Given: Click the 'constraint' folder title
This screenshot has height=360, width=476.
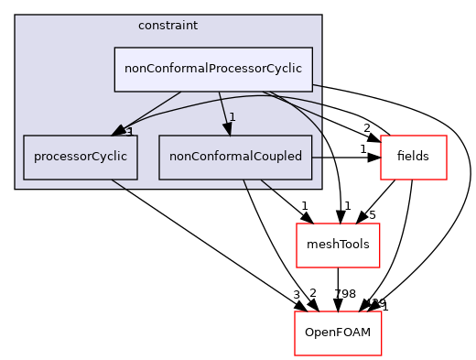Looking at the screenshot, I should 168,25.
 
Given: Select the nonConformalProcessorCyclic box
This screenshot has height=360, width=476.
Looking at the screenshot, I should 212,70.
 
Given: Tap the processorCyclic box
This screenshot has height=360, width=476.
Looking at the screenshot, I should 81,157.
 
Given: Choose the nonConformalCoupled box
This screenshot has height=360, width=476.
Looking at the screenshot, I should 235,157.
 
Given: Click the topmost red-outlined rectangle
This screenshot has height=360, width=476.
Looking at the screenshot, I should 413,157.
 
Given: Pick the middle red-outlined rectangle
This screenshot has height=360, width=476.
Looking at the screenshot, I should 338,245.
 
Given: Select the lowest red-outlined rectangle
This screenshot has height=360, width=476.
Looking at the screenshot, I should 338,333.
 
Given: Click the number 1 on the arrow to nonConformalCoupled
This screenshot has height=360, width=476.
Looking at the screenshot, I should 233,117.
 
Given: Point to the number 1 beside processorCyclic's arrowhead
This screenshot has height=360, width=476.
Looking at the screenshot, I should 130,132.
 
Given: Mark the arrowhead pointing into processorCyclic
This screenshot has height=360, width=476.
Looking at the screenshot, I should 119,131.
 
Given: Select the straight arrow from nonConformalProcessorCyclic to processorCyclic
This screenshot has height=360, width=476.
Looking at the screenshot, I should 151,111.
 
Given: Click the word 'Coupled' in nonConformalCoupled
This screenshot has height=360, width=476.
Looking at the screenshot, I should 276,157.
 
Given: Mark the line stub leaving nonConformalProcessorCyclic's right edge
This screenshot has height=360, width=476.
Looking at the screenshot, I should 317,85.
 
